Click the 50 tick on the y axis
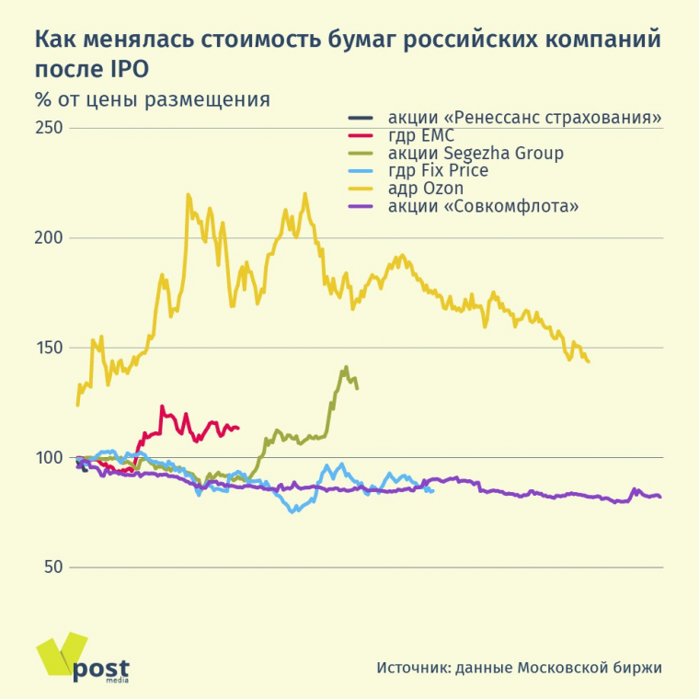pos(53,567)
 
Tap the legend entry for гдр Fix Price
pos(438,171)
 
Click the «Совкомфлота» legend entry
pos(483,206)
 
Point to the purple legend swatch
pos(361,206)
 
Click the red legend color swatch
pos(361,135)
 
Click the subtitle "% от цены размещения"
pos(153,100)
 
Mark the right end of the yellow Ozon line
pos(588,361)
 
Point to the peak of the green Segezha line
pos(346,367)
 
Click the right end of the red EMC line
pos(237,428)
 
